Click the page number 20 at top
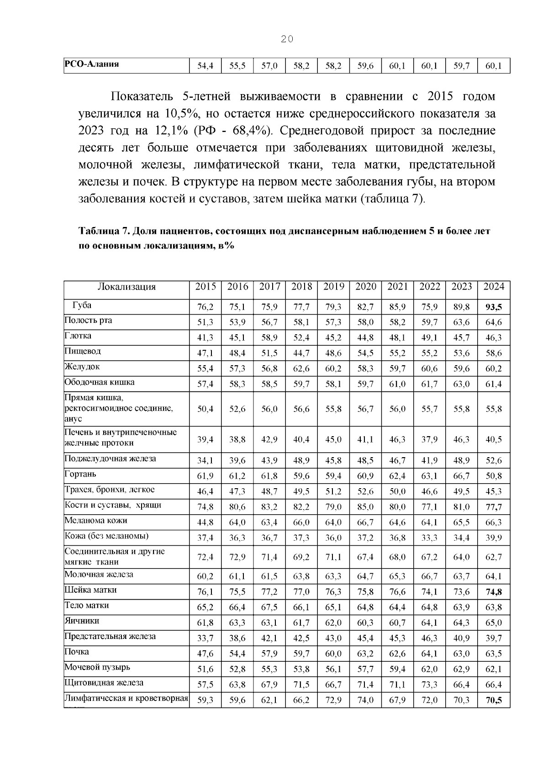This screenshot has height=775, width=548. coord(287,39)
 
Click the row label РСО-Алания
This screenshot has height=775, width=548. coord(91,64)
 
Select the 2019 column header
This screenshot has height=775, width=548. coord(333,287)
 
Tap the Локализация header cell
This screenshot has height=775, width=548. coord(126,287)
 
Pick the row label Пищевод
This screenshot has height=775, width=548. coord(83,352)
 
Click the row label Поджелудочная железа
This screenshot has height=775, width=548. coord(110,459)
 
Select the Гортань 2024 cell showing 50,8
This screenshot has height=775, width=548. coord(494,476)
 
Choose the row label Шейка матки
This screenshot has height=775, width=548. coord(90,590)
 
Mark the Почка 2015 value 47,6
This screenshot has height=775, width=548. coord(205,654)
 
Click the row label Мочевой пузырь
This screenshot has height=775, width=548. coord(97,667)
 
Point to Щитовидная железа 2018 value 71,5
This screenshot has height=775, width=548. coord(301,685)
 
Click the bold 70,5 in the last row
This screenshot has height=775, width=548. coord(494,700)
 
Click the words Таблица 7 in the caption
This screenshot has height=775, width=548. coord(104,231)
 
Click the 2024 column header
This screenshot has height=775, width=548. coord(494,287)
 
